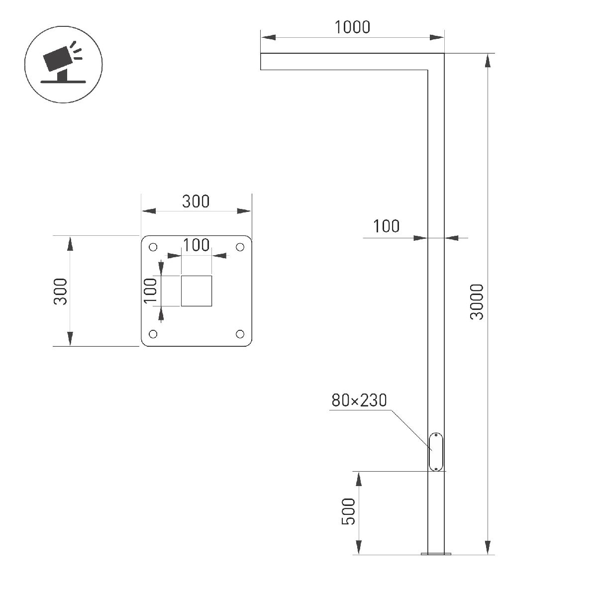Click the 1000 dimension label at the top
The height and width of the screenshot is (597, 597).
point(352,27)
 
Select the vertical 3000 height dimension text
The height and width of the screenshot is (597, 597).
point(477,302)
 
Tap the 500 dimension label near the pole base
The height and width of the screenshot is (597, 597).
point(349,511)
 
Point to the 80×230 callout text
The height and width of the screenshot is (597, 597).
point(359,400)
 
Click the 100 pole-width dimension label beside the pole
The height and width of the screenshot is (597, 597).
point(386,226)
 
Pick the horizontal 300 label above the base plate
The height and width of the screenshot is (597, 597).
point(196,202)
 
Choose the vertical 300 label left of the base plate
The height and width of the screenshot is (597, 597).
point(61,292)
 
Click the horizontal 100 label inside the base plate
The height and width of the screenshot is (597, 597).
point(196,245)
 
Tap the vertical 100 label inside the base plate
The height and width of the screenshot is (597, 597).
point(150,290)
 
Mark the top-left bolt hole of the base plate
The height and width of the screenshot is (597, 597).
point(153,247)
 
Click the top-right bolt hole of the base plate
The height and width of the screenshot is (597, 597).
point(240,247)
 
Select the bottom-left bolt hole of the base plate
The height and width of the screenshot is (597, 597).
point(153,334)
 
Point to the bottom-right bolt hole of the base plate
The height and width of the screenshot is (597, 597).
point(240,334)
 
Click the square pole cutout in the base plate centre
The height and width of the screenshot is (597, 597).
point(197,291)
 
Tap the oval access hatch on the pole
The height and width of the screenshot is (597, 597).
point(436,452)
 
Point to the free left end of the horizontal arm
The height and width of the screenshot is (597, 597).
point(262,61)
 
